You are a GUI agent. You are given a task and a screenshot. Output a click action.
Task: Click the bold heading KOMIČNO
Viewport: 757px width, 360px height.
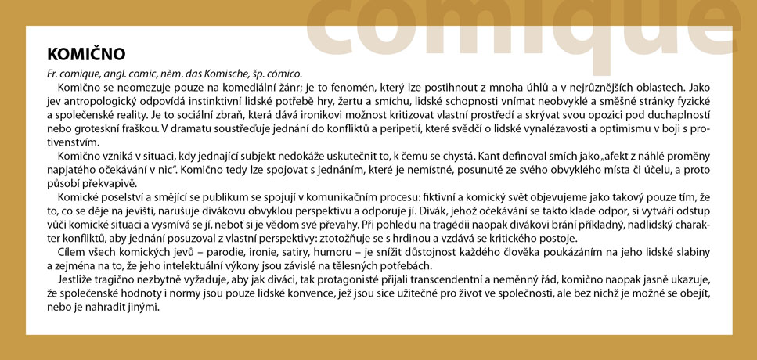coord(86,54)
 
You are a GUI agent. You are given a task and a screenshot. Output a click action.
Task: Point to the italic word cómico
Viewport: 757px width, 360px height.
coord(283,72)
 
